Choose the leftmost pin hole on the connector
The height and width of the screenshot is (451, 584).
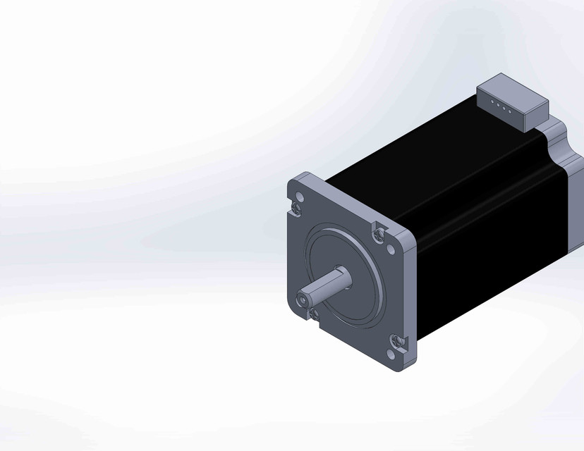[492, 105]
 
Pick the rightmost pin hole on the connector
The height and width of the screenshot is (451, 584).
[510, 111]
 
